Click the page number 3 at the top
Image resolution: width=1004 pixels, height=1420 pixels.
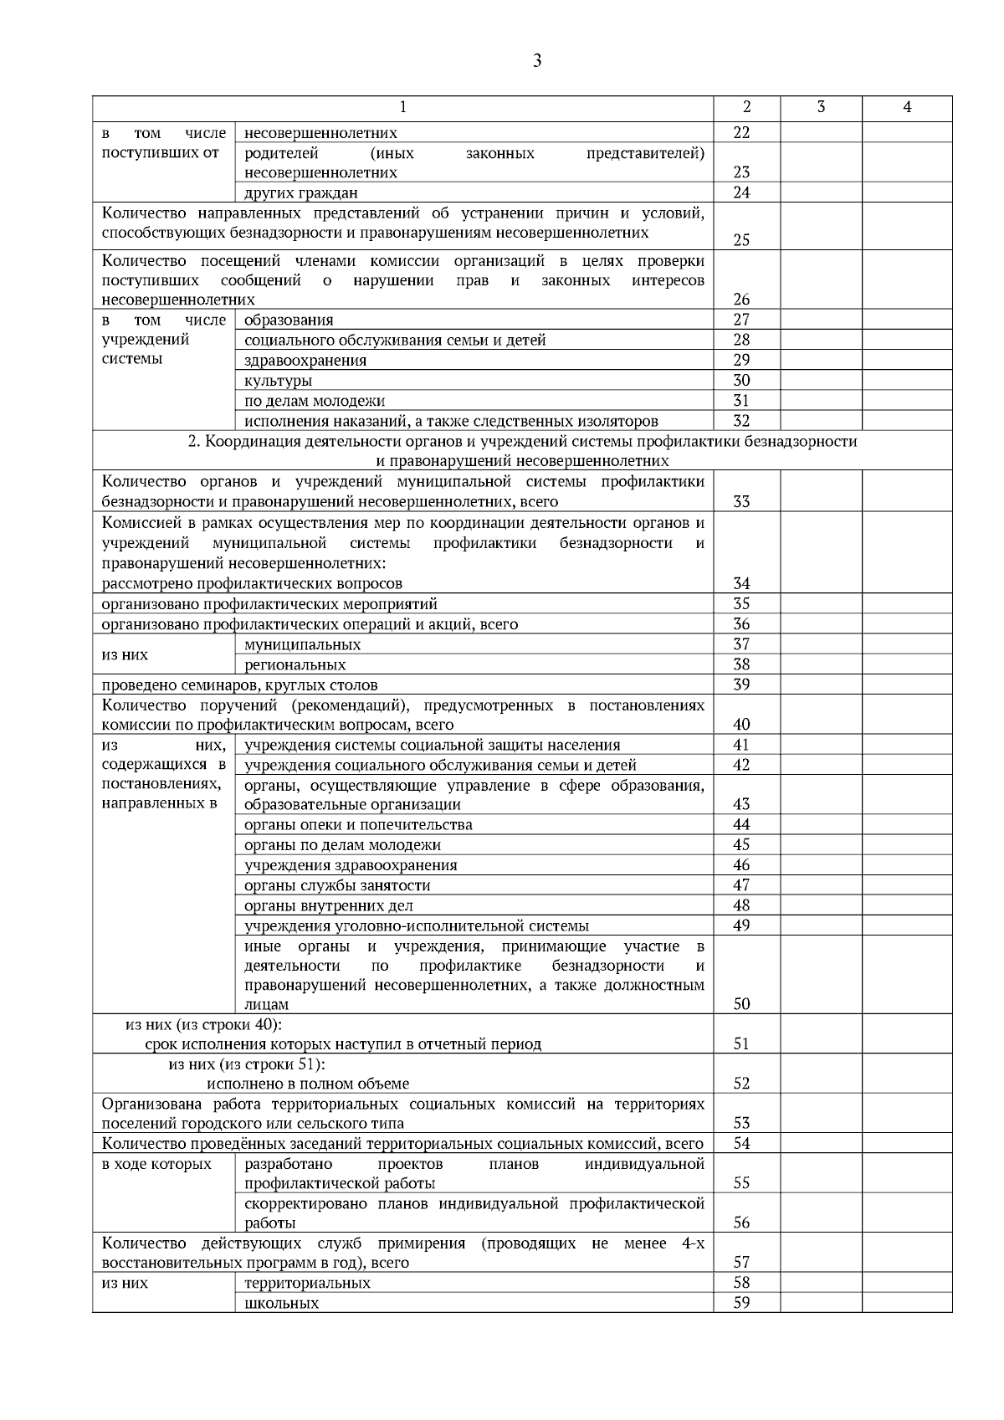tap(536, 60)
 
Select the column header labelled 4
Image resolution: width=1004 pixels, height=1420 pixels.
tap(907, 107)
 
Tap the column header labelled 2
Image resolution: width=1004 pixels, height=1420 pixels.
tap(746, 107)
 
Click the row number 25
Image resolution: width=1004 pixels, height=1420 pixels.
tap(741, 240)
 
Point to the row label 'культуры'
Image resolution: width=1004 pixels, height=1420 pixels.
tap(279, 381)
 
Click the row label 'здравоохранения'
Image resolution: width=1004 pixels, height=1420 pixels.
tap(305, 361)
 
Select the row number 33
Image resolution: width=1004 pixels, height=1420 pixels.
tap(741, 502)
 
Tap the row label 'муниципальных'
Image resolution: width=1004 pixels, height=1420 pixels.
tap(302, 645)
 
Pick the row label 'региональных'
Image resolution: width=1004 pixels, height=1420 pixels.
tap(295, 665)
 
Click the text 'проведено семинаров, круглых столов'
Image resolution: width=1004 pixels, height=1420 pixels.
tap(239, 685)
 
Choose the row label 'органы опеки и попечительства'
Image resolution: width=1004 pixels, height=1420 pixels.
tap(358, 825)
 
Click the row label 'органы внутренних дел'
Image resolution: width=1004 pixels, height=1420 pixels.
tap(328, 906)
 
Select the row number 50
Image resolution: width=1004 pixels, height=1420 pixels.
tap(741, 1004)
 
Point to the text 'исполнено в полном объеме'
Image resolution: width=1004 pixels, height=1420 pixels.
tap(308, 1084)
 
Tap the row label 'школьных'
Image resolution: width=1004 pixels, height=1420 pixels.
tap(281, 1304)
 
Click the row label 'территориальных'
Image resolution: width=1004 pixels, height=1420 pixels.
tap(307, 1284)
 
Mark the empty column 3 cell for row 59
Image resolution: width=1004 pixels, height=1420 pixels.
tap(821, 1303)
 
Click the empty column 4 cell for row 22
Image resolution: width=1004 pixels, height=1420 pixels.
tap(907, 132)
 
